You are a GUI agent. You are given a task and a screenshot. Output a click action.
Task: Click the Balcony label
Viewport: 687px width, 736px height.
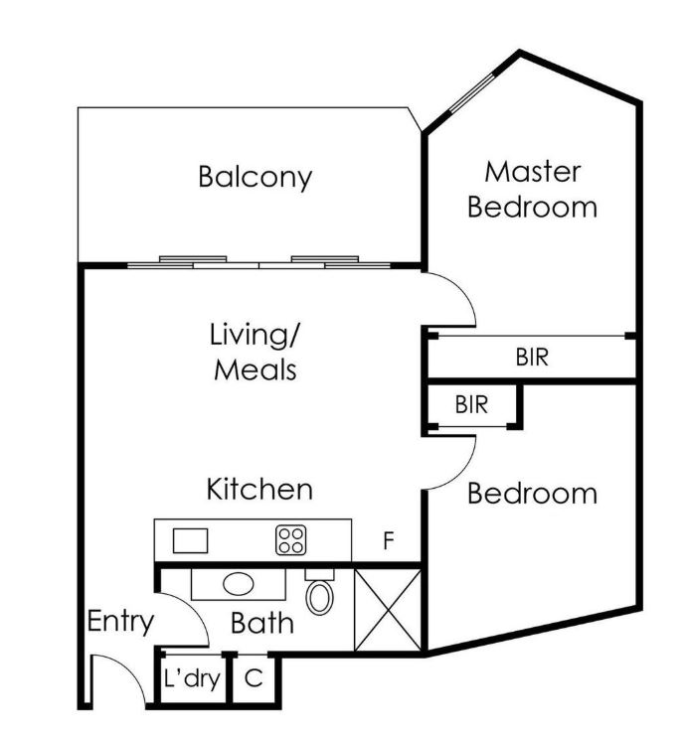(256, 178)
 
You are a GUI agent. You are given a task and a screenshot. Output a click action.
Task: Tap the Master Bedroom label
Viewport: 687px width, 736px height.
(533, 189)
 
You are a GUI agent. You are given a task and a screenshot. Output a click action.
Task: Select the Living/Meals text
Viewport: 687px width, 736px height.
(255, 352)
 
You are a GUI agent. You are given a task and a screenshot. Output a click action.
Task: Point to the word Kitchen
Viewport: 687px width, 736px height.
(259, 489)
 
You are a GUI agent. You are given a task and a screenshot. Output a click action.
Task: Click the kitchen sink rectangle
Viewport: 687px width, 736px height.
(190, 540)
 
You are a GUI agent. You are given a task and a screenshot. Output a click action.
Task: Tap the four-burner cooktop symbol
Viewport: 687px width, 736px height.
(291, 540)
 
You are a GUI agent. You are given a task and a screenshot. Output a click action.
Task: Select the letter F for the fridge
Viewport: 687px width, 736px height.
(388, 540)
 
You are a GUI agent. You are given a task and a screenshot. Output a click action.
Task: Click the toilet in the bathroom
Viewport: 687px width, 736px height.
(319, 592)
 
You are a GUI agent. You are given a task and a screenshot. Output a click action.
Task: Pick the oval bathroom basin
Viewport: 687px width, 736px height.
(239, 584)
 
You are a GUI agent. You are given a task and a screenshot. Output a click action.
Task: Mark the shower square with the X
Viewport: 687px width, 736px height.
(388, 610)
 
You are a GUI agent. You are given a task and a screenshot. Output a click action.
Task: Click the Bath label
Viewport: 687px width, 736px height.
(262, 623)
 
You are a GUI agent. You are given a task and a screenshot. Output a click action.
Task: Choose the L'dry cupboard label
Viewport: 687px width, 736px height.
(192, 678)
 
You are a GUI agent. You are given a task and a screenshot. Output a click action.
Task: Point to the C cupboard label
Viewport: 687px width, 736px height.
(254, 677)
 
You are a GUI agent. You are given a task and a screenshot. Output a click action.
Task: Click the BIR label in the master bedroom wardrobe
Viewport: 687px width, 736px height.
(532, 358)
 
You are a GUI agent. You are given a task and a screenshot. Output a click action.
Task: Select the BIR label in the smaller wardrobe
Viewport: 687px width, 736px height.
(471, 404)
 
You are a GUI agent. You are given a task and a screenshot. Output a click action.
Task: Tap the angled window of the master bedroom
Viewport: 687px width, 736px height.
(472, 93)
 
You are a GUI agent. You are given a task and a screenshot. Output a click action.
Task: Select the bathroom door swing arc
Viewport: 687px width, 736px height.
(193, 609)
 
